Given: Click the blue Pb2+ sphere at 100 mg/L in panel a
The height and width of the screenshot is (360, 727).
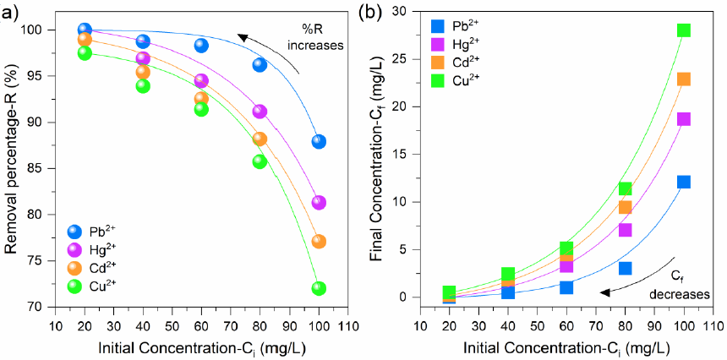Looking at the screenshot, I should tap(319, 141).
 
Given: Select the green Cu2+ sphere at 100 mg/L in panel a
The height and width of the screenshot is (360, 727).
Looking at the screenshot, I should tap(319, 288).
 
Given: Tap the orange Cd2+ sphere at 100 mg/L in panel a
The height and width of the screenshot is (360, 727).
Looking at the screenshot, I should tap(319, 242).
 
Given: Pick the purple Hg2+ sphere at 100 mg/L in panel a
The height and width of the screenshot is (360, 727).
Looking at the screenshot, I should tap(319, 203).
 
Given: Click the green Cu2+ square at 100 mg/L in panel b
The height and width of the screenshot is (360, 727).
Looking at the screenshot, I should tap(683, 30).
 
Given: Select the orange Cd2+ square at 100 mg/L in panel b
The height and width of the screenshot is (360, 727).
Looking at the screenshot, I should tap(683, 79).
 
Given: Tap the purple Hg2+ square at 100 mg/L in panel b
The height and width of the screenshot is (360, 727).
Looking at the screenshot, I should tap(683, 119).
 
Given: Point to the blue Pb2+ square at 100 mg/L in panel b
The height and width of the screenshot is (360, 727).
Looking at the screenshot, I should tap(683, 182).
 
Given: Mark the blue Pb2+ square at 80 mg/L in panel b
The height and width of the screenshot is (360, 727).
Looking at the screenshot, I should tap(625, 268).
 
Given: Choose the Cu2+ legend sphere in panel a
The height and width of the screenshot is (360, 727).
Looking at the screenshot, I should tap(74, 286).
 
